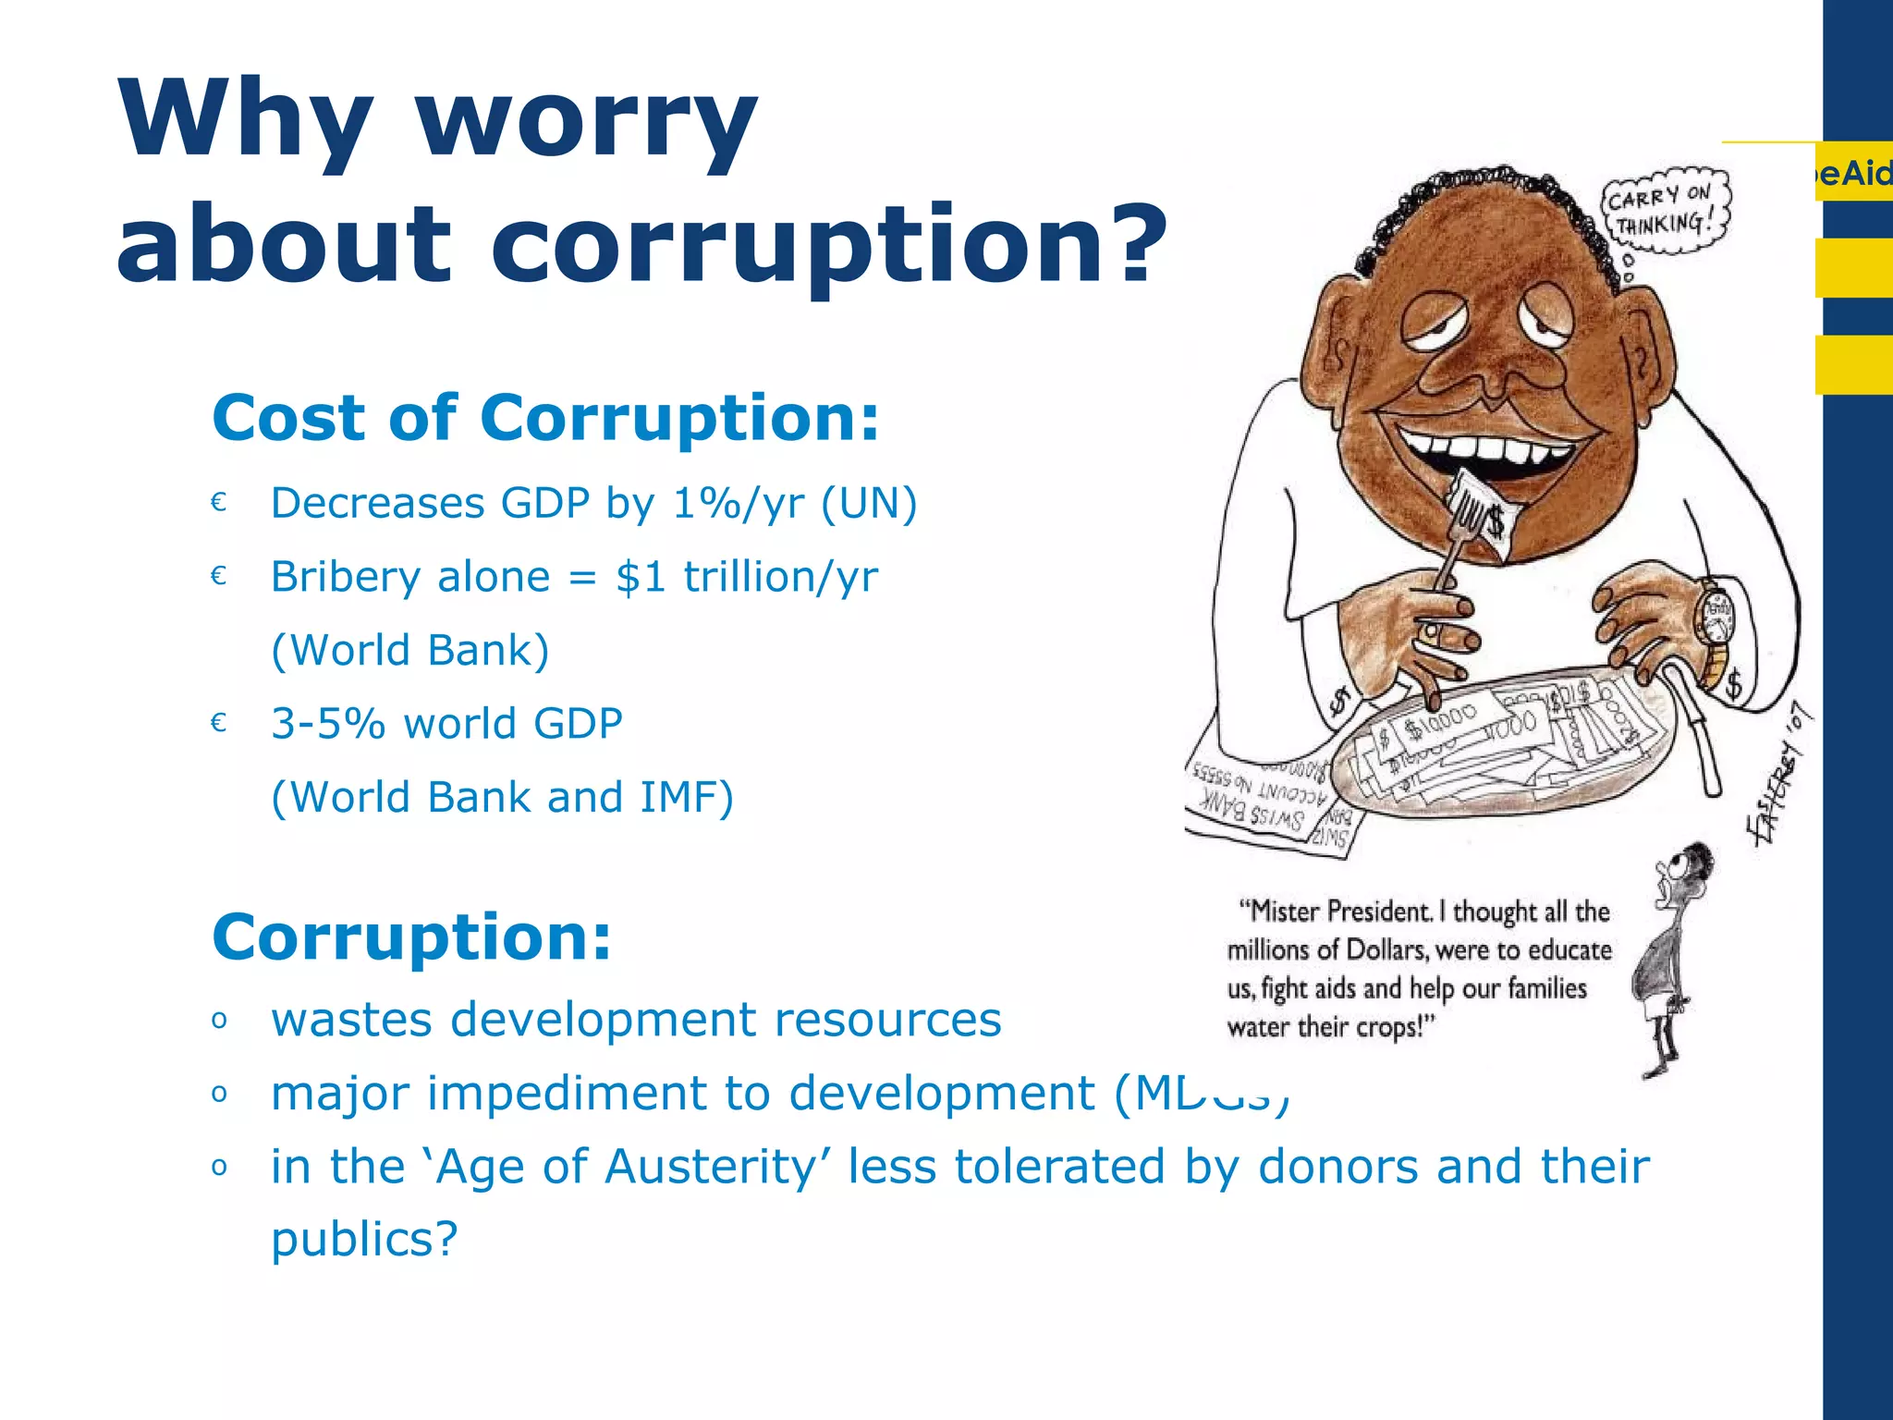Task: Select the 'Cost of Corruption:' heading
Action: pyautogui.click(x=545, y=418)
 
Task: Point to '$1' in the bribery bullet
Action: pyautogui.click(x=641, y=577)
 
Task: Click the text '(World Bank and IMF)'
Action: pyautogui.click(x=502, y=797)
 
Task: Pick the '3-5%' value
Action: pyautogui.click(x=327, y=724)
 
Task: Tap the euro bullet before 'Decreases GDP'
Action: pyautogui.click(x=219, y=502)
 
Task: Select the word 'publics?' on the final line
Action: pyautogui.click(x=364, y=1239)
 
